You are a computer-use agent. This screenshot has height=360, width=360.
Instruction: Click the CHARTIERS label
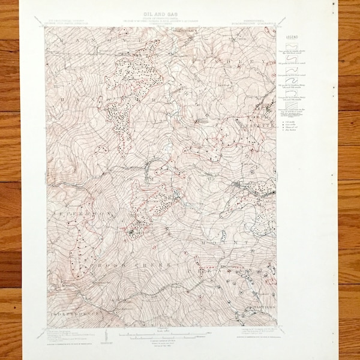(252, 310)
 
